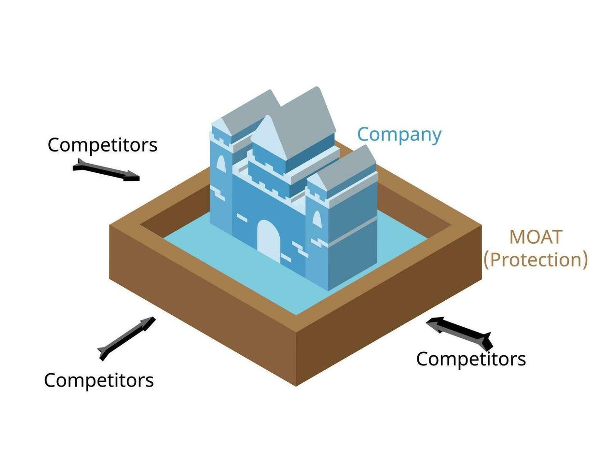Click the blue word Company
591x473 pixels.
(399, 135)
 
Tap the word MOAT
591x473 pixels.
(536, 237)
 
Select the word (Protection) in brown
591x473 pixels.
(536, 260)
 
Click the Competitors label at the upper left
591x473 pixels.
(102, 145)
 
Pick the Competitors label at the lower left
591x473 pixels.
(99, 380)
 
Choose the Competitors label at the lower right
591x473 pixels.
(471, 359)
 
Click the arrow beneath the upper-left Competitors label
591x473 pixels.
(106, 170)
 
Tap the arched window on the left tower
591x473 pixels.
(221, 164)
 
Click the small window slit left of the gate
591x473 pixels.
(242, 218)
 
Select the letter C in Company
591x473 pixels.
(363, 134)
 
